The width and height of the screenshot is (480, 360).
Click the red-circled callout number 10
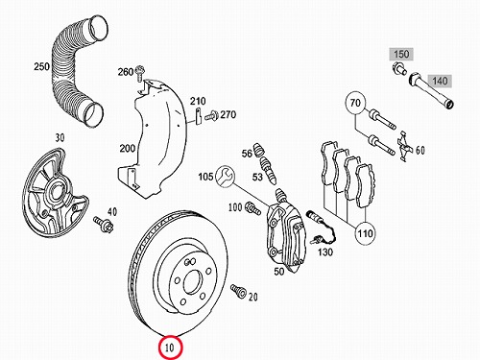point(170,347)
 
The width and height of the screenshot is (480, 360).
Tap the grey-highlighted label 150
point(401,54)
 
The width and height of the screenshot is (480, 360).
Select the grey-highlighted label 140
point(440,81)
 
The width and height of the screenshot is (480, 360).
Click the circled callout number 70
point(355,103)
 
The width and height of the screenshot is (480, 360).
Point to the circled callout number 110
point(365,233)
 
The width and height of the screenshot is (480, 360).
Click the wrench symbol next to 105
point(225,177)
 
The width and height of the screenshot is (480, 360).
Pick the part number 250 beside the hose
point(41,66)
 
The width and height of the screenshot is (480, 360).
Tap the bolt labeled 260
point(140,73)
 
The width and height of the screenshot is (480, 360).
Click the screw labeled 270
point(211,115)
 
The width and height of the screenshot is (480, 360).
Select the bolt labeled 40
point(103,224)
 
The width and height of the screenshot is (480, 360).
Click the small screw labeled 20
point(238,291)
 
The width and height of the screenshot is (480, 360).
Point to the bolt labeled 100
point(252,208)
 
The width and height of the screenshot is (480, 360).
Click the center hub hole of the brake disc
point(193,281)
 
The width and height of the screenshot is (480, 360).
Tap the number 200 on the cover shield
point(128,149)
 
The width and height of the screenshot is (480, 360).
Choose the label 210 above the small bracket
point(198,101)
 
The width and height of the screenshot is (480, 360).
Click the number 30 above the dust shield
point(60,137)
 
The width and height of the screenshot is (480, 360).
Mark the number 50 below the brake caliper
point(279,272)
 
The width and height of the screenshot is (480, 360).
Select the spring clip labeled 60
point(404,146)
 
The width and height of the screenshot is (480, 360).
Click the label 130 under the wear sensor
point(325,252)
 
